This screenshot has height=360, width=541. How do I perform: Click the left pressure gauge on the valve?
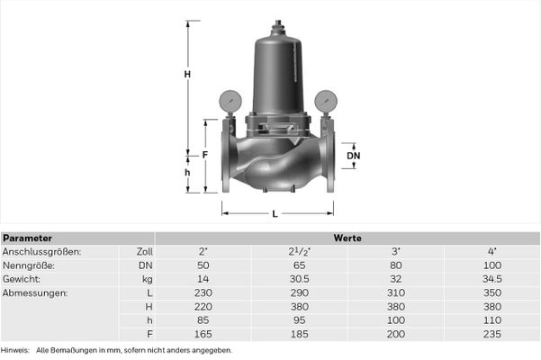click(x=230, y=101)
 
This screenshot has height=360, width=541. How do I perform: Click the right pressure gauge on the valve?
click(x=326, y=101)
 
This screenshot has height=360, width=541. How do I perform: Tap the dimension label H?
click(x=187, y=74)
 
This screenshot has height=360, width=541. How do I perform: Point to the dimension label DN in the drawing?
click(x=353, y=156)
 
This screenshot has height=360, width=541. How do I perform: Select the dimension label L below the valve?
click(x=275, y=214)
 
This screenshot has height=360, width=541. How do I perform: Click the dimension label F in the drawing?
click(x=205, y=155)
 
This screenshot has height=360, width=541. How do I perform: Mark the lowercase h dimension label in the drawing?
click(x=187, y=173)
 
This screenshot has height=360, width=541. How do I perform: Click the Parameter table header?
click(x=27, y=238)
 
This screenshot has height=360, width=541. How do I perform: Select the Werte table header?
click(x=347, y=238)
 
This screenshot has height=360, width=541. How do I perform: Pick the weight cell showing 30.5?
click(x=299, y=279)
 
